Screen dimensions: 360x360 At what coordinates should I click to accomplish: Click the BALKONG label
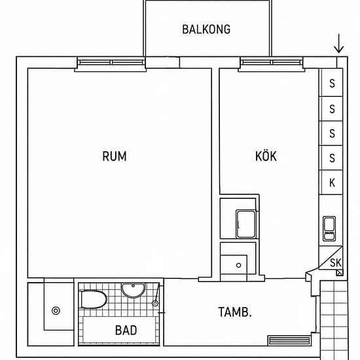pyautogui.click(x=206, y=29)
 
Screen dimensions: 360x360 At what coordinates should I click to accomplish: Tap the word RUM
pyautogui.click(x=115, y=156)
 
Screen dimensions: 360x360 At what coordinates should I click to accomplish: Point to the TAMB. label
pyautogui.click(x=235, y=312)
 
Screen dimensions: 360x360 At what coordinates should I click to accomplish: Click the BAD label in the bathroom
pyautogui.click(x=126, y=331)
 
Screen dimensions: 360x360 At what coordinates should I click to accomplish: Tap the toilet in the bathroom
pyautogui.click(x=93, y=299)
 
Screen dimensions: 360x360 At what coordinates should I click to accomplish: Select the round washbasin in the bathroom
pyautogui.click(x=133, y=290)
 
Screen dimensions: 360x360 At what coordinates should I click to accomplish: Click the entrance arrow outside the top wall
pyautogui.click(x=338, y=44)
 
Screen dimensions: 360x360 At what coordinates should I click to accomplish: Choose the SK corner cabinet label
pyautogui.click(x=336, y=263)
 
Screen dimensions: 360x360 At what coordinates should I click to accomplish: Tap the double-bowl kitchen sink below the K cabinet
pyautogui.click(x=329, y=228)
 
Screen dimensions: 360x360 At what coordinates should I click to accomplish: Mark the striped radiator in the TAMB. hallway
pyautogui.click(x=289, y=340)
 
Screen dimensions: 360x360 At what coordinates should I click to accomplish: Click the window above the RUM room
pyautogui.click(x=111, y=62)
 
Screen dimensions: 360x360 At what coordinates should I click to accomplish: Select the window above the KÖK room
pyautogui.click(x=272, y=62)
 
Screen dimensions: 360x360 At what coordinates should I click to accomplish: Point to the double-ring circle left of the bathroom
pyautogui.click(x=56, y=311)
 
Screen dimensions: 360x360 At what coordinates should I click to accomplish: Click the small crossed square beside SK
pyautogui.click(x=340, y=272)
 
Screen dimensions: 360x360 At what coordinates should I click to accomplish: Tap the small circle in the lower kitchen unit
pyautogui.click(x=238, y=265)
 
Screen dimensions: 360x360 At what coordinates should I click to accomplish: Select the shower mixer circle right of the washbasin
pyautogui.click(x=155, y=303)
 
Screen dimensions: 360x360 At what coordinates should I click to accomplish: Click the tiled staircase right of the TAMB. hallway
pyautogui.click(x=334, y=319)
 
